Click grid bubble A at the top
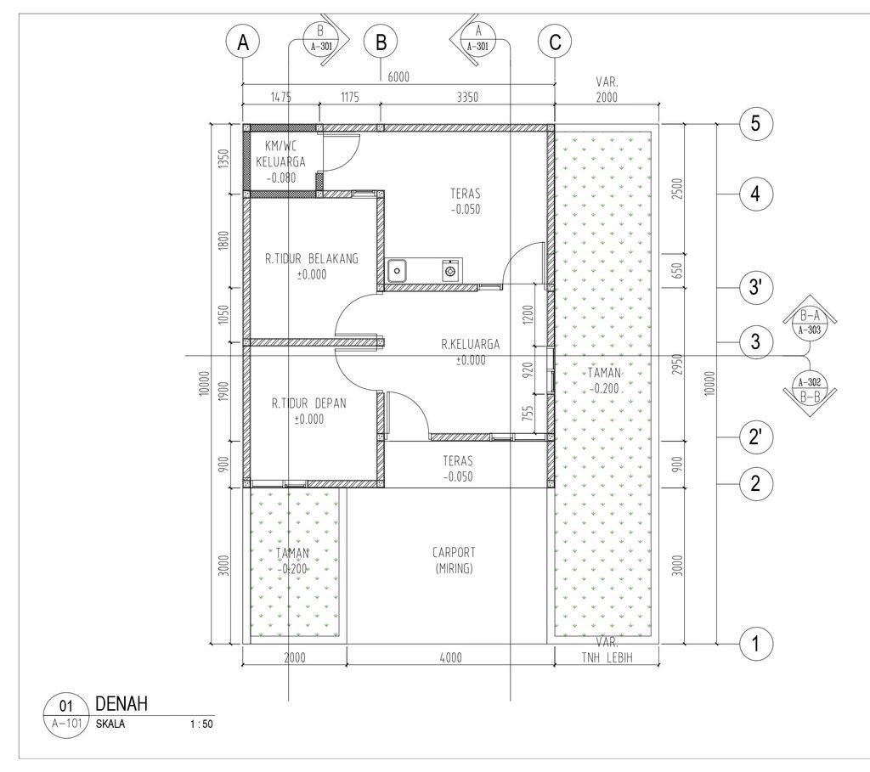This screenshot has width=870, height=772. point(243,42)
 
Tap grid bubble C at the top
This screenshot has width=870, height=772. point(555,42)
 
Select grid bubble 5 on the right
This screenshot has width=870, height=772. point(755,124)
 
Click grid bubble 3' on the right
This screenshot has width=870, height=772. point(755,289)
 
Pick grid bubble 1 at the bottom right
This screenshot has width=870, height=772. point(755,644)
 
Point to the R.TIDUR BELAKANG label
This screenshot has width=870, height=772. point(311,265)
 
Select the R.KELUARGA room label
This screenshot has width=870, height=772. point(470,352)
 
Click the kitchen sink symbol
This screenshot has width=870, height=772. point(397,271)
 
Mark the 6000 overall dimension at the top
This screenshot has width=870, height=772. point(398,76)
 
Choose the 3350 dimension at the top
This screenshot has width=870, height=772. point(467,98)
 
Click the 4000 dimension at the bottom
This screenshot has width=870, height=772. point(450,656)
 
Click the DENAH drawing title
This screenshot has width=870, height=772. point(122,703)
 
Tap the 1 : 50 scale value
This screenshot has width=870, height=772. point(201,725)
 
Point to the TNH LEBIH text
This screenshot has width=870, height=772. point(607,656)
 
